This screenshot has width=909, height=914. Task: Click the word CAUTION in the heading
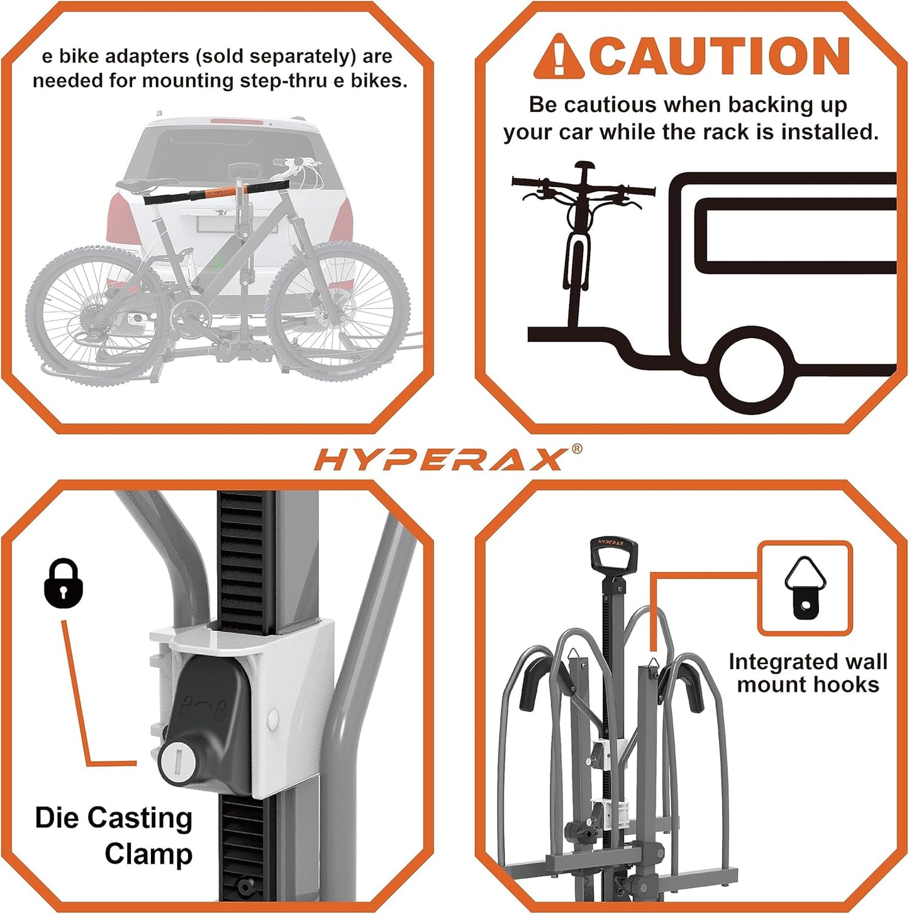pyautogui.click(x=720, y=56)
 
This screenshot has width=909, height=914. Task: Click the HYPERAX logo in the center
pyautogui.click(x=440, y=460)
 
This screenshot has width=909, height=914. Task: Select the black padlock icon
pyautogui.click(x=64, y=584)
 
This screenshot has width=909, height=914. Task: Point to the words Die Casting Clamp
pyautogui.click(x=113, y=835)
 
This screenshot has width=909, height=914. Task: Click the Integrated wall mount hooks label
pyautogui.click(x=808, y=673)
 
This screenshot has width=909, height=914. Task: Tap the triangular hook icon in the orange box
pyautogui.click(x=805, y=587)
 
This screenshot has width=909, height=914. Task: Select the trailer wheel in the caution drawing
pyautogui.click(x=751, y=370)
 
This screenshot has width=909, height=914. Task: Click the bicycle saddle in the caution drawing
pyautogui.click(x=584, y=167)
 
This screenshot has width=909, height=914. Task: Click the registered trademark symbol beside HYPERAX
pyautogui.click(x=576, y=449)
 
